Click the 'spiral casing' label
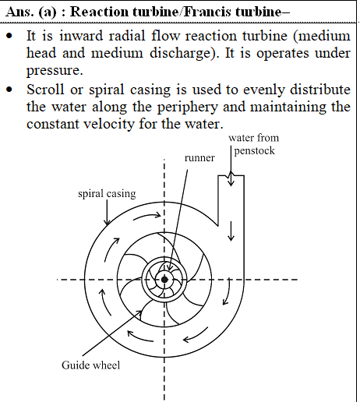[107, 194]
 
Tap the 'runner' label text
[199, 158]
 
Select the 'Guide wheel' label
[91, 365]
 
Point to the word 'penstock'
[255, 150]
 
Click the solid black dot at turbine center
[164, 280]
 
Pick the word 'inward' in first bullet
[81, 36]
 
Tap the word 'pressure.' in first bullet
[55, 71]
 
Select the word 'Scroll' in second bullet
[45, 90]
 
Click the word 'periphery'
[188, 108]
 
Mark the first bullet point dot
[9, 36]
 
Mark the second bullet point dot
[9, 90]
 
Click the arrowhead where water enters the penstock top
[231, 183]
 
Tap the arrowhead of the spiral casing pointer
[107, 222]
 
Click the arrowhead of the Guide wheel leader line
[139, 312]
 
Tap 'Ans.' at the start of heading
[19, 12]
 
